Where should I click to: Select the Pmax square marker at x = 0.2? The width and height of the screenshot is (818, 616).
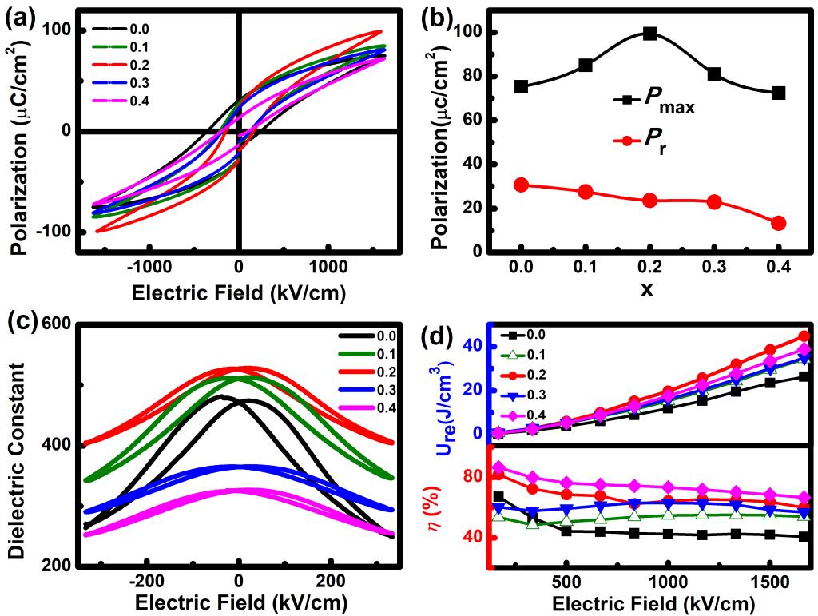pos(649,34)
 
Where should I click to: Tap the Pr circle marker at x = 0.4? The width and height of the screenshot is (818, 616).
pos(778,223)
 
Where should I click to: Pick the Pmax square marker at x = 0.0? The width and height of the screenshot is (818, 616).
pos(521,86)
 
